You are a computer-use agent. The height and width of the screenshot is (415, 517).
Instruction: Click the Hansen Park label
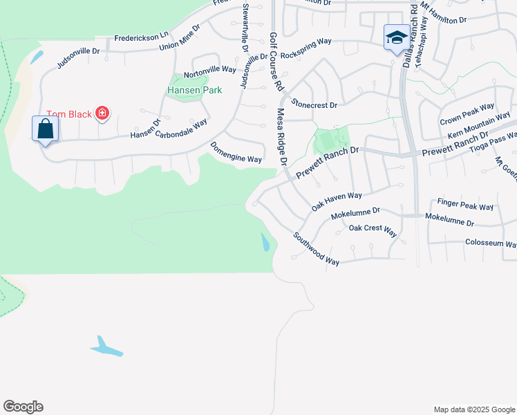pyautogui.click(x=195, y=91)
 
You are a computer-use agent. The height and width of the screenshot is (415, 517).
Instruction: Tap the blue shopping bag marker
pyautogui.click(x=45, y=129)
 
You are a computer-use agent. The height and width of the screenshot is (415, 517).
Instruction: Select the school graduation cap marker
pyautogui.click(x=397, y=37)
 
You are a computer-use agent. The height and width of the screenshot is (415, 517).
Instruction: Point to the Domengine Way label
pyautogui.click(x=236, y=154)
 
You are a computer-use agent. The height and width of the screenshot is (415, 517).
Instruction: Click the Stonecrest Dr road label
pyautogui.click(x=314, y=104)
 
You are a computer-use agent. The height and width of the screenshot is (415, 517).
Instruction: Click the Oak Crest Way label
pyautogui.click(x=373, y=230)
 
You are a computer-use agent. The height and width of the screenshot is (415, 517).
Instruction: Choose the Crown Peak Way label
pyautogui.click(x=467, y=115)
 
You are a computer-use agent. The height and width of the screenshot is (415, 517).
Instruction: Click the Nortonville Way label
pyautogui.click(x=209, y=70)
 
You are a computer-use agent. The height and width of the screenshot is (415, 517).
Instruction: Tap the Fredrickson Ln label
pyautogui.click(x=141, y=36)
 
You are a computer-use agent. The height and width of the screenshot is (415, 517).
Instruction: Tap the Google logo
pyautogui.click(x=23, y=407)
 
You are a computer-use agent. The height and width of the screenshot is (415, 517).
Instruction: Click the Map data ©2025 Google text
pyautogui.click(x=473, y=409)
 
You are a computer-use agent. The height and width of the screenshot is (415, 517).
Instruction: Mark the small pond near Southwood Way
pyautogui.click(x=266, y=242)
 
